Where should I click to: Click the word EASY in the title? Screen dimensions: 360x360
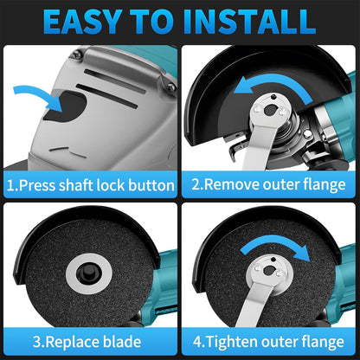[x=82, y=22]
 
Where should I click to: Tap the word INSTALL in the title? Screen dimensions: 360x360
[x=254, y=22]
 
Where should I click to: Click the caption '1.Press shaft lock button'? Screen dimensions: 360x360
[x=91, y=185]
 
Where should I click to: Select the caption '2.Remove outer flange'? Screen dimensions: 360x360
[x=268, y=184]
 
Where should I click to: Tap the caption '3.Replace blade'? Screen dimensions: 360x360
[x=87, y=342]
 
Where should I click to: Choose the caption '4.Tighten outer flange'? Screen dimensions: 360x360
[x=268, y=342]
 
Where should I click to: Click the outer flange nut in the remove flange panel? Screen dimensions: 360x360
[x=269, y=110]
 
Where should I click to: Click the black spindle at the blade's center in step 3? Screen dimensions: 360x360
[x=89, y=273]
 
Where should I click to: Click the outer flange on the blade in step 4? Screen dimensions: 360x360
[x=270, y=272]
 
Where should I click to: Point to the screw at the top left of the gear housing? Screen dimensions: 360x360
[x=77, y=54]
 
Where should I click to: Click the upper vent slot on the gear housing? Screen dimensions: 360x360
[x=115, y=81]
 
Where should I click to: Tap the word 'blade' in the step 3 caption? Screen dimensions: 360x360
[x=122, y=342]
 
